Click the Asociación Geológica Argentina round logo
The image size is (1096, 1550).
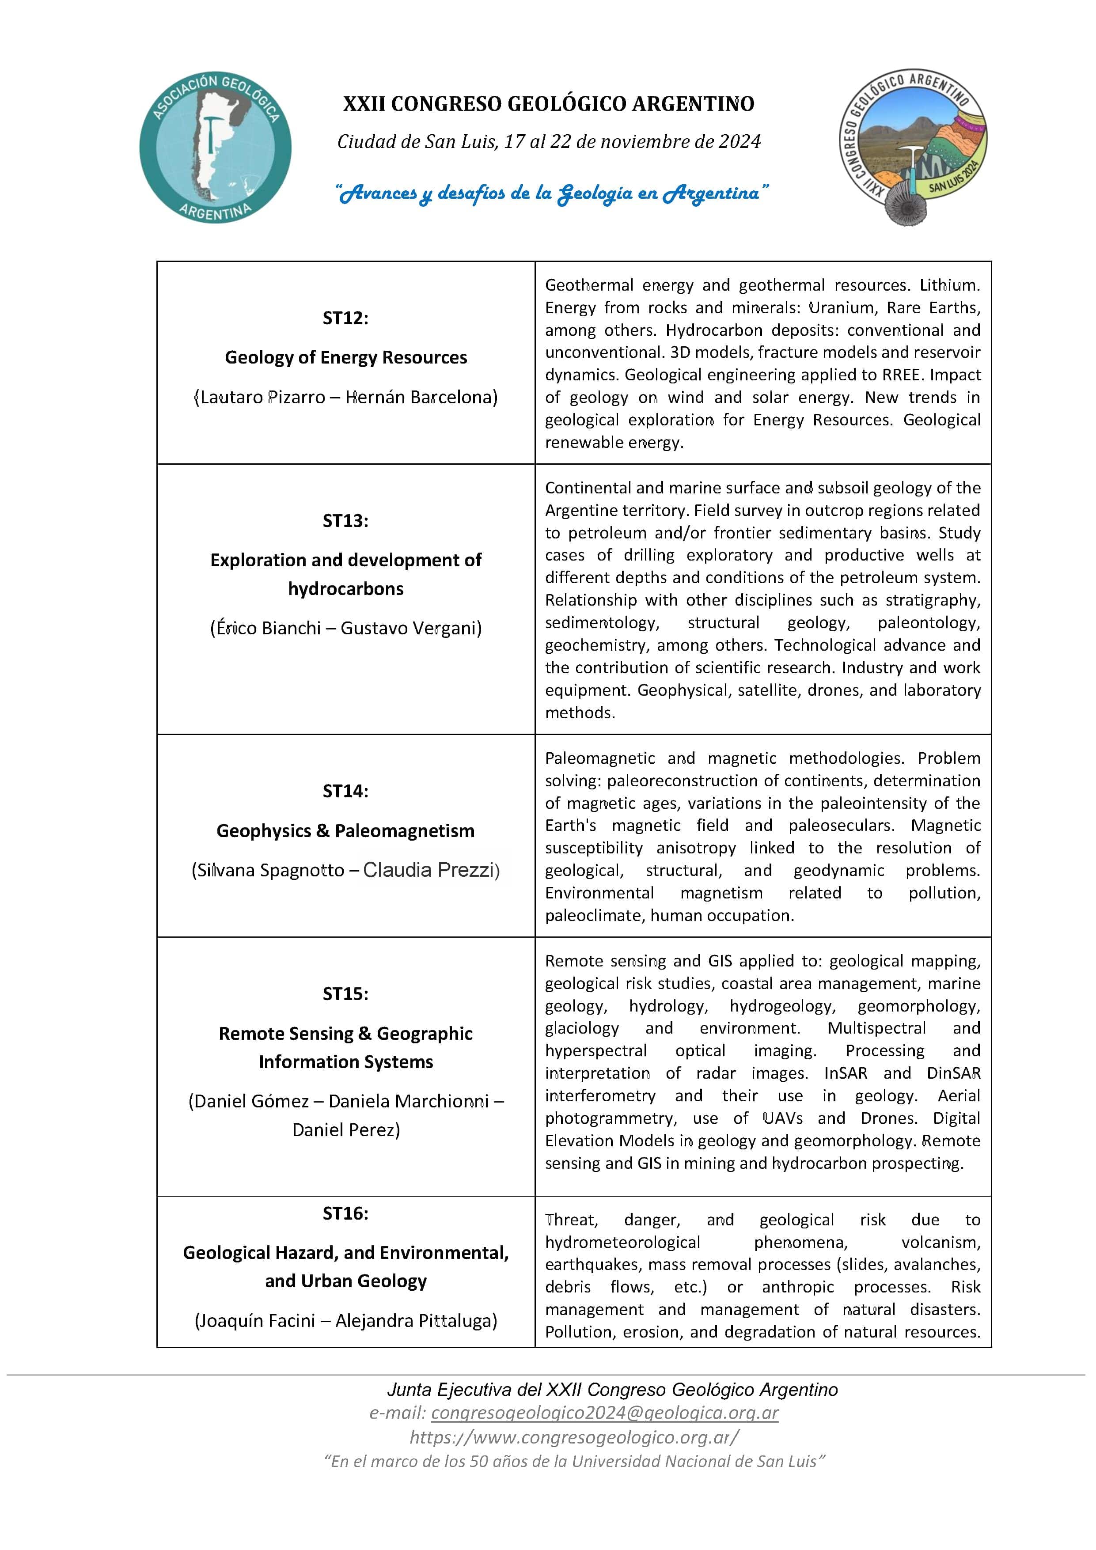216,147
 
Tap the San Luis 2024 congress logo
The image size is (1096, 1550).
913,147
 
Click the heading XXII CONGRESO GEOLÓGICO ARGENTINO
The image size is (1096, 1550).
548,104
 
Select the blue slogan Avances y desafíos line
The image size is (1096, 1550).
552,194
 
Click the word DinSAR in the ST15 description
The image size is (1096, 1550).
953,1072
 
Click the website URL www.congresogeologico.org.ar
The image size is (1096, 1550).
574,1436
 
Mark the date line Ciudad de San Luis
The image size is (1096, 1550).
548,142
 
